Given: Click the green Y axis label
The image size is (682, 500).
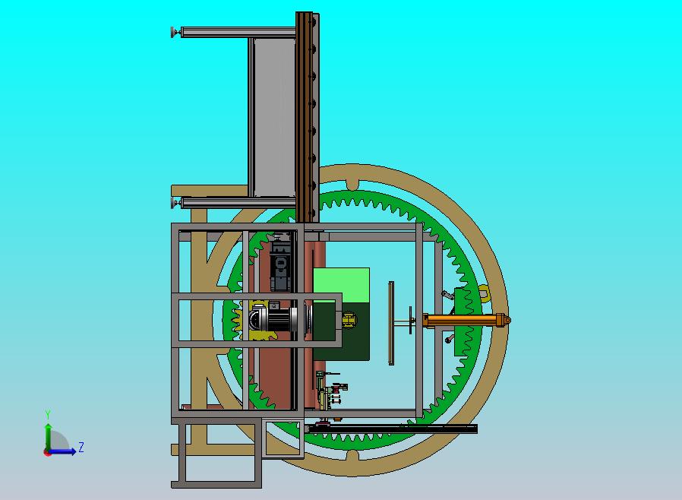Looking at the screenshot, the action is [48, 414].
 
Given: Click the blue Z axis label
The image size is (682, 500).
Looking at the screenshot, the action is [81, 447].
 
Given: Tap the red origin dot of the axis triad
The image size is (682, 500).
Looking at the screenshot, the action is [46, 453].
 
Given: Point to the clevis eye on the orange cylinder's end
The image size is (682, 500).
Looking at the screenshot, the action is [507, 320].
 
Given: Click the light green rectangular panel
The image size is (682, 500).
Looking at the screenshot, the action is [342, 285].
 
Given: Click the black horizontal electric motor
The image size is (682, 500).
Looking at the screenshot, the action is [274, 319].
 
